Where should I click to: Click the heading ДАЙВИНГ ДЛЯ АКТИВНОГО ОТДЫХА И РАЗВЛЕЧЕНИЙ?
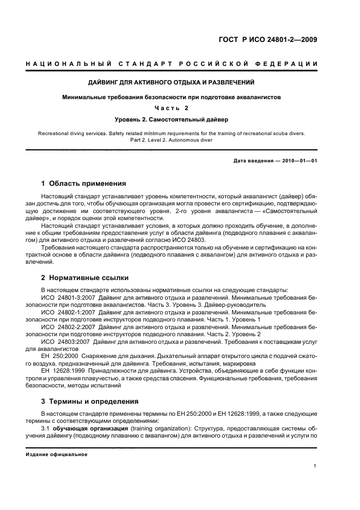point(180,82)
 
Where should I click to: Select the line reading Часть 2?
point(180,107)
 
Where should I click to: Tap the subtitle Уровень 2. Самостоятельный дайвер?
point(180,118)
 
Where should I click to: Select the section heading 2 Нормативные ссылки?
point(83,277)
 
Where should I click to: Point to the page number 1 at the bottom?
point(315,466)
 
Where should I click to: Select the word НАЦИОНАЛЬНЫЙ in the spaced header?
point(64,64)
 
